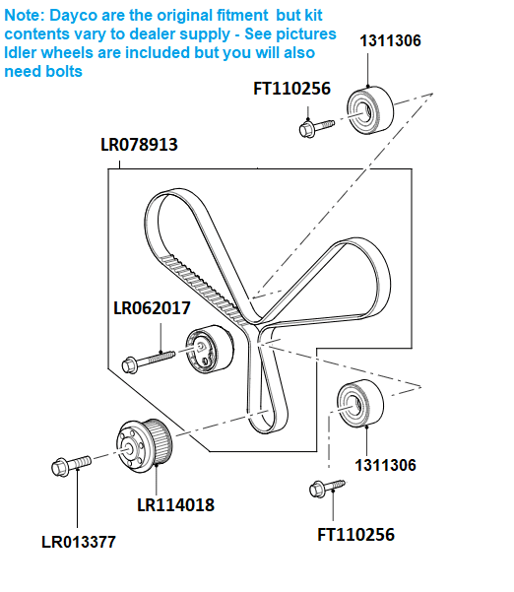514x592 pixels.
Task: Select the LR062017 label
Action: point(152,307)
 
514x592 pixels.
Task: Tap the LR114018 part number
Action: point(175,504)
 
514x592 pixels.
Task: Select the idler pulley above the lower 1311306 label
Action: point(359,404)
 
